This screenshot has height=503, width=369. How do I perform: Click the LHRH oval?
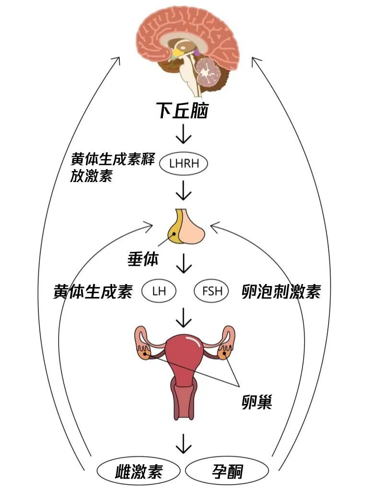click(x=184, y=164)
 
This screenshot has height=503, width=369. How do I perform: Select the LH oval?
click(x=159, y=291)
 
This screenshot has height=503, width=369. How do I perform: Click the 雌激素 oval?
click(x=139, y=472)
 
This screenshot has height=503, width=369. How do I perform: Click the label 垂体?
click(x=143, y=259)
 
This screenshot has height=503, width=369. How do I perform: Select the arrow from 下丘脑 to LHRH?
click(x=184, y=134)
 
